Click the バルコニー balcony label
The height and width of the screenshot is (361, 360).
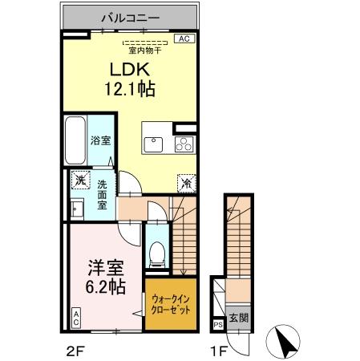pyautogui.click(x=129, y=16)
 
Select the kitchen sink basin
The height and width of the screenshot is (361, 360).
pyautogui.click(x=153, y=145)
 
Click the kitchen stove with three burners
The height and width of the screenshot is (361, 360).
pyautogui.click(x=183, y=145)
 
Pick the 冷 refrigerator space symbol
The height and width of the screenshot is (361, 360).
pyautogui.click(x=184, y=183)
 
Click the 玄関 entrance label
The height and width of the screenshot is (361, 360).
pyautogui.click(x=238, y=317)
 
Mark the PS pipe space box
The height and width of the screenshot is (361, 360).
pyautogui.click(x=217, y=324)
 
